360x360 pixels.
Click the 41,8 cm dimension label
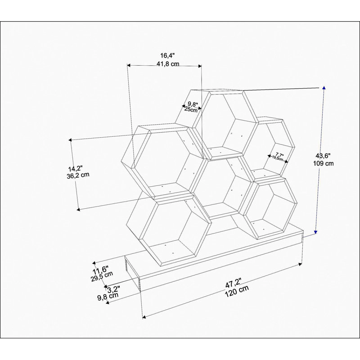[x=168, y=63]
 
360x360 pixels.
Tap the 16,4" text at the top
[x=167, y=55]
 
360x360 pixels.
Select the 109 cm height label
[x=323, y=163]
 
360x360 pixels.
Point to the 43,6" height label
[x=323, y=156]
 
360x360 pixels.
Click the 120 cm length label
[x=237, y=291]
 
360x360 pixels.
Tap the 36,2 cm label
[x=78, y=175]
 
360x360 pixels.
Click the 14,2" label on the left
[x=75, y=168]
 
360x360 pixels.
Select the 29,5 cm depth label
[x=102, y=277]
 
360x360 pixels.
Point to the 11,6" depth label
[x=100, y=270]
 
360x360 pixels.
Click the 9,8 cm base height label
[x=108, y=297]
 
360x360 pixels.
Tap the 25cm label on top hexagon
[x=191, y=110]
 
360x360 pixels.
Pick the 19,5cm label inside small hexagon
[x=278, y=158]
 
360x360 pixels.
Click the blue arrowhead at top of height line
[x=324, y=88]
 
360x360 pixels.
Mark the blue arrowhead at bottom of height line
[x=316, y=232]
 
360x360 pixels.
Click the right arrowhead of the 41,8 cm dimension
[x=200, y=66]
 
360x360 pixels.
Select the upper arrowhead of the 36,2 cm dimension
[x=70, y=140]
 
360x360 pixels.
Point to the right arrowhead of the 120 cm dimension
[x=300, y=265]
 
